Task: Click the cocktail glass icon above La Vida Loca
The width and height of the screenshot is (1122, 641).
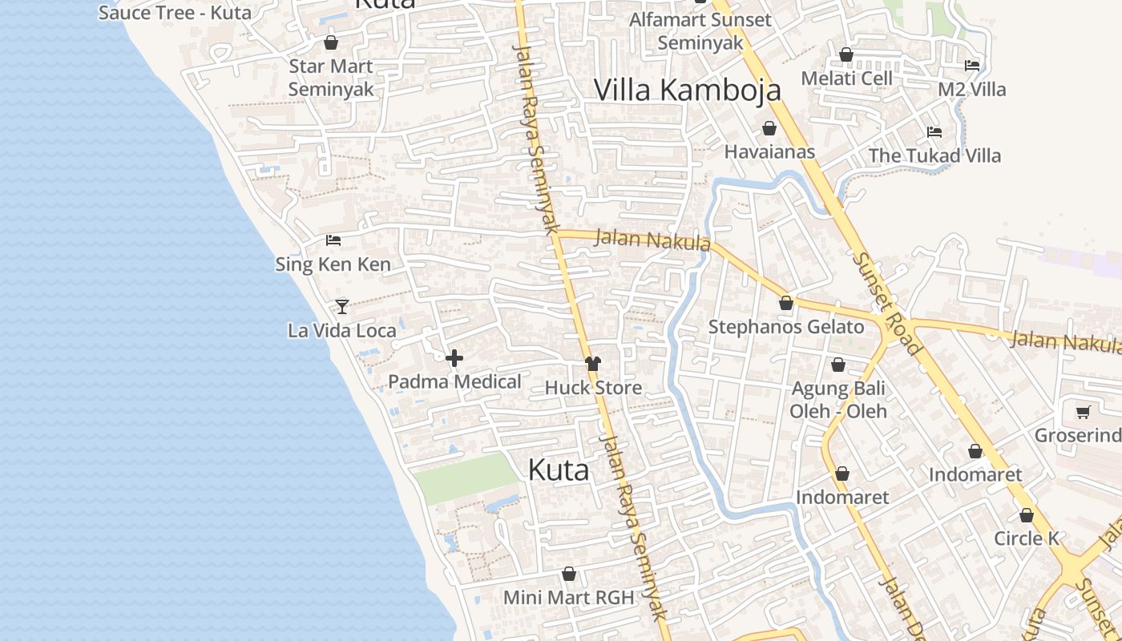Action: tap(342, 306)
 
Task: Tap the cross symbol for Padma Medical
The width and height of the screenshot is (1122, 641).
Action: tap(454, 358)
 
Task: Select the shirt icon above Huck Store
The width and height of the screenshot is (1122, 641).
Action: tap(592, 364)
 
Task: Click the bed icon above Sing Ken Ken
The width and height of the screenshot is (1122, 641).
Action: tap(333, 240)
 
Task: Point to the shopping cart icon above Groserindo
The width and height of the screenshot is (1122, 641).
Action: tap(1084, 412)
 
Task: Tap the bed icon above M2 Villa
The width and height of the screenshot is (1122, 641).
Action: tap(972, 66)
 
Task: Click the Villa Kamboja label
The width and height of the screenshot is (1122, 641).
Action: tap(687, 90)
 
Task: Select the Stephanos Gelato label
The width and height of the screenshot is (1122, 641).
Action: tap(786, 327)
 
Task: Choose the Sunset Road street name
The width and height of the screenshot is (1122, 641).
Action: tap(886, 304)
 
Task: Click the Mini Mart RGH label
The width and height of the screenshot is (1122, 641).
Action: tap(568, 597)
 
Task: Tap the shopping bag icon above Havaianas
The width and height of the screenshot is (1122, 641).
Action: tap(769, 128)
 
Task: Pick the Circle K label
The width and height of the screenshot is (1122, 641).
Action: tap(1027, 538)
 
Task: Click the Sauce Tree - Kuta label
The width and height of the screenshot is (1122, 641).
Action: tap(175, 13)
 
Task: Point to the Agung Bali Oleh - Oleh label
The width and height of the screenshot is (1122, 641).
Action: tap(838, 400)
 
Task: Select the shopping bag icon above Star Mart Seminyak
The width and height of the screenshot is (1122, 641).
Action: tap(331, 42)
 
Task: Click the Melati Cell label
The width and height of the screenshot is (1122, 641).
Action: tap(847, 79)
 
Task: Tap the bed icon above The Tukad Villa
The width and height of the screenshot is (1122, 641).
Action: tap(934, 132)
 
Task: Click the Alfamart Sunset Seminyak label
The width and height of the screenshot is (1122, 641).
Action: tap(700, 31)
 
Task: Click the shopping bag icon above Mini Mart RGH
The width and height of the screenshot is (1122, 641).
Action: tap(569, 574)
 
